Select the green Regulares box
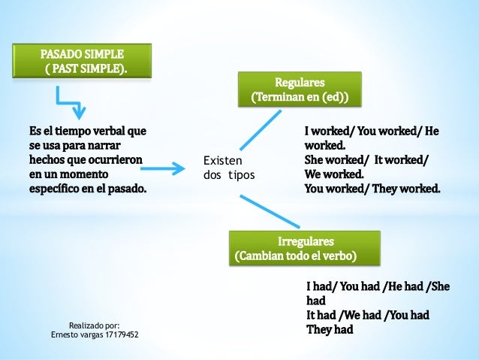pyautogui.click(x=300, y=89)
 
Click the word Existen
pyautogui.click(x=222, y=161)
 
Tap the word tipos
pyautogui.click(x=240, y=175)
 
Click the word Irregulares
pyautogui.click(x=306, y=241)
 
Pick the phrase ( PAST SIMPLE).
pyautogui.click(x=86, y=69)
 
